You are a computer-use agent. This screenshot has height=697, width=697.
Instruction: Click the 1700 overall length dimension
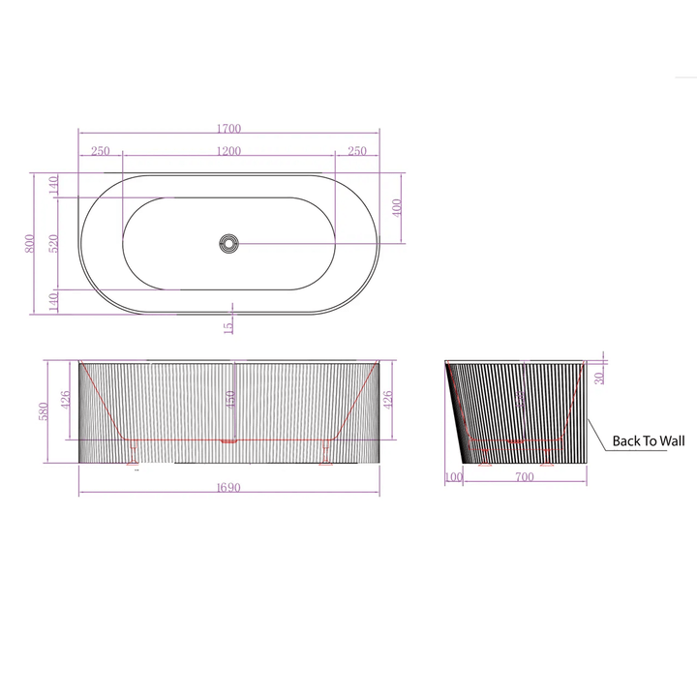pyautogui.click(x=228, y=128)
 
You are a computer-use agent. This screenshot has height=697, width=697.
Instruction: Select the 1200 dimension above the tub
pyautogui.click(x=228, y=151)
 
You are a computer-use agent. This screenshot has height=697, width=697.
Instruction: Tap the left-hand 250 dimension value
pyautogui.click(x=100, y=151)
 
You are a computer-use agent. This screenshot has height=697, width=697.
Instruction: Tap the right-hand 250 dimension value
pyautogui.click(x=356, y=151)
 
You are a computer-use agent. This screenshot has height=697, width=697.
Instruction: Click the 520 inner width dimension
pyautogui.click(x=53, y=243)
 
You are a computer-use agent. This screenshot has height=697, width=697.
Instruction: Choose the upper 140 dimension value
pyautogui.click(x=53, y=184)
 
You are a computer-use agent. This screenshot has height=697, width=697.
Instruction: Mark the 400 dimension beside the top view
pyautogui.click(x=397, y=207)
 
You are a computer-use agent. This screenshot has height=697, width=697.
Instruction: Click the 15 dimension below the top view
pyautogui.click(x=227, y=326)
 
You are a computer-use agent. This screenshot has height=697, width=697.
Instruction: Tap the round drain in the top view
pyautogui.click(x=228, y=243)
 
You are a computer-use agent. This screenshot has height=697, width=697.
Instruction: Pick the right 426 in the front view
pyautogui.click(x=388, y=399)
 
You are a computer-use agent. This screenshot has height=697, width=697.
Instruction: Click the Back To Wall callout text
pyautogui.click(x=648, y=441)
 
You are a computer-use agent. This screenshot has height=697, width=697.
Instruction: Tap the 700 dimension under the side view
pyautogui.click(x=524, y=477)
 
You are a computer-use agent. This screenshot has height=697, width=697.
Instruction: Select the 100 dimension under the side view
pyautogui.click(x=454, y=477)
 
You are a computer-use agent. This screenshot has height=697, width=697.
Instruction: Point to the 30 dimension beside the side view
pyautogui.click(x=600, y=377)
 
